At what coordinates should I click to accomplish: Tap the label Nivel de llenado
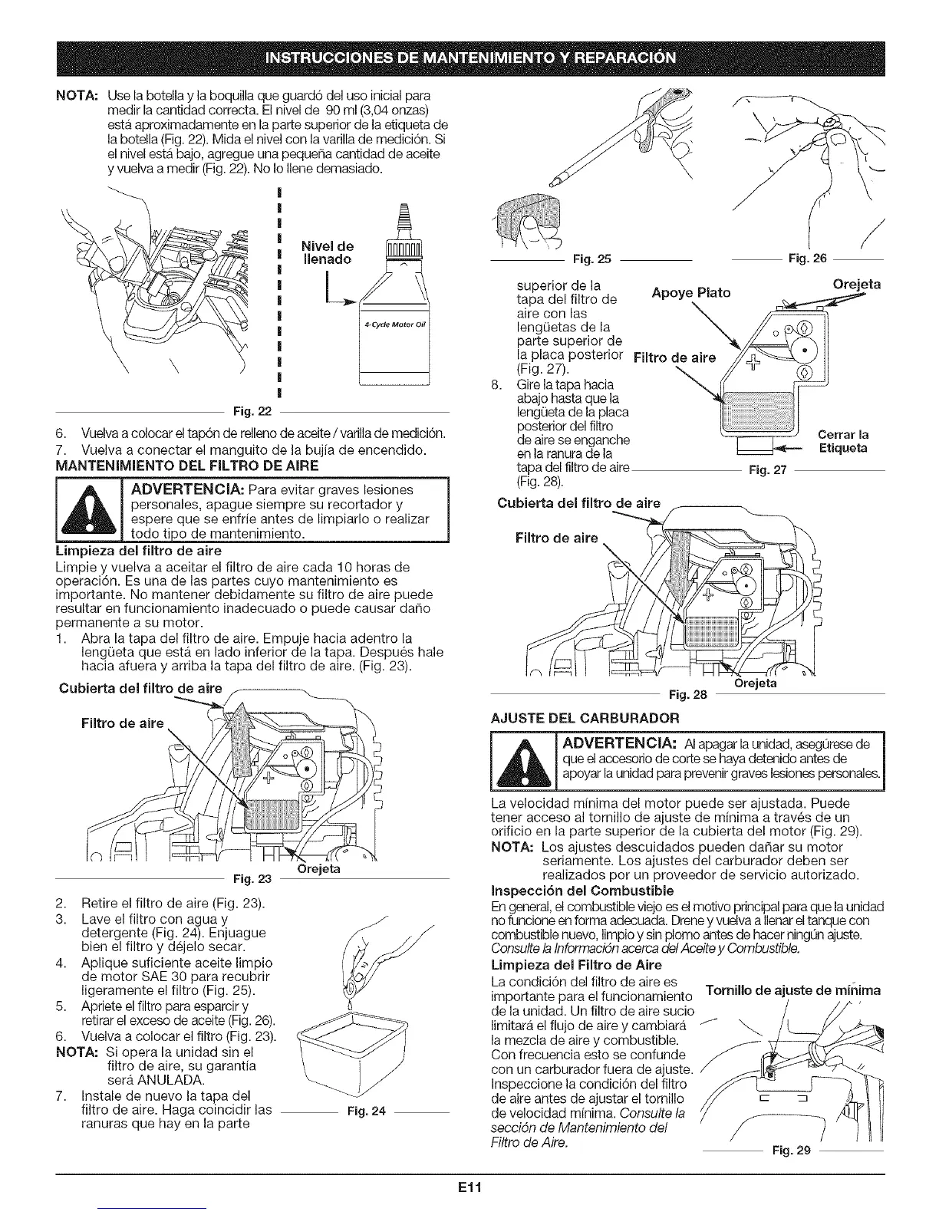click(x=327, y=252)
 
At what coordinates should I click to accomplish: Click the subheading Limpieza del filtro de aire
click(x=140, y=551)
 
